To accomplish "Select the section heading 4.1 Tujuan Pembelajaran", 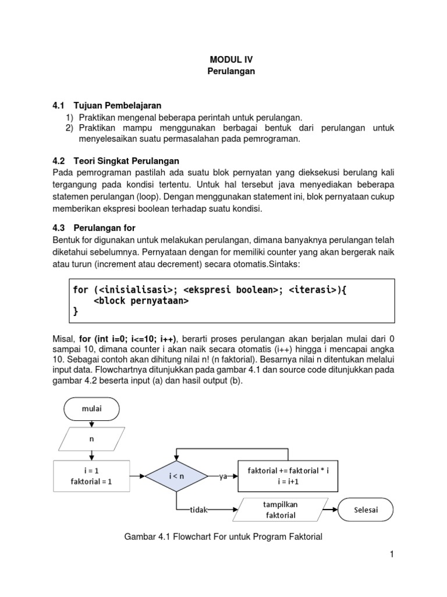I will coord(107,106).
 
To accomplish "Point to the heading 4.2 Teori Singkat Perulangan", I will coord(116,160).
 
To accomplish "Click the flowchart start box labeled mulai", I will coord(91,409).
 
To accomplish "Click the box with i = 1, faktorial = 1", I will coord(91,476).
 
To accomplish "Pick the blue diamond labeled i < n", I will coord(177,477).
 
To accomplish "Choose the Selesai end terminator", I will coord(366,510).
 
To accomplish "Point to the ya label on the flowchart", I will coord(222,477).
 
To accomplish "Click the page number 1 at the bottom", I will coord(392,554).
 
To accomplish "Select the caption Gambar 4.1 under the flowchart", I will coord(223,537).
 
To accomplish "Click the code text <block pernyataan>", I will coord(141,301).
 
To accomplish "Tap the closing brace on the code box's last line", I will coord(75,312).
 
